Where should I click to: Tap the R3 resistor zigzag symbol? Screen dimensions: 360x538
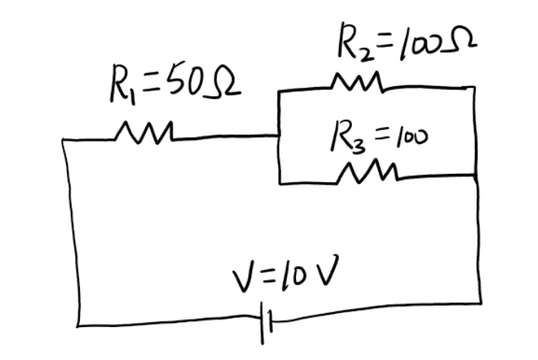pos(367,173)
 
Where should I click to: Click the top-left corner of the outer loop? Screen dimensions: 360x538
pos(65,140)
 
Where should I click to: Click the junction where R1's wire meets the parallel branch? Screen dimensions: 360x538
pos(278,136)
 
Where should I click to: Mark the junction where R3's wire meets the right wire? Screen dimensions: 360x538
pos(477,176)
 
